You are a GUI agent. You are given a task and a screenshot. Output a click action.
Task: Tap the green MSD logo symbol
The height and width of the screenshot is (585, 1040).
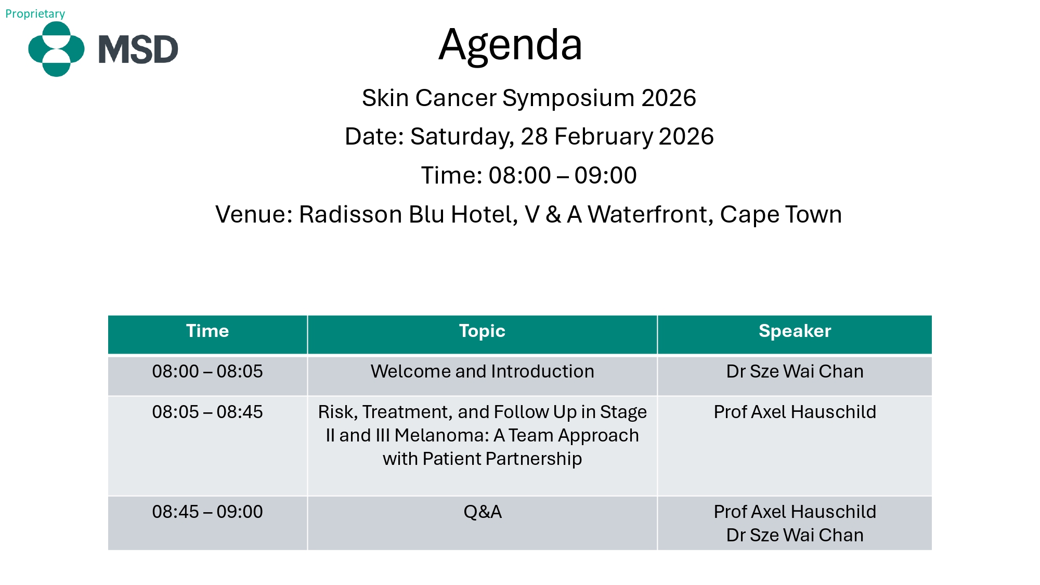click(56, 49)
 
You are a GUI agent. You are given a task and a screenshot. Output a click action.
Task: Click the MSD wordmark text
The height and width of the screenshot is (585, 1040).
click(138, 49)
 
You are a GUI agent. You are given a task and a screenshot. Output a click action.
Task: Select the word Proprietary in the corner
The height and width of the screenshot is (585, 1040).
click(35, 14)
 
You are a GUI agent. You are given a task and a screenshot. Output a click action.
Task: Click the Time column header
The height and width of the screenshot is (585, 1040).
click(207, 331)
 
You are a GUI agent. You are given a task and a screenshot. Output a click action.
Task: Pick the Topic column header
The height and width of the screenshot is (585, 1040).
click(482, 331)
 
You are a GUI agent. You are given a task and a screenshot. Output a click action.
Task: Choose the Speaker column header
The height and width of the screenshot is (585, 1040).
click(795, 331)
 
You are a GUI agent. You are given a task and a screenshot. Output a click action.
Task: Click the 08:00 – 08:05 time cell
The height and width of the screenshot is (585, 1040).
click(207, 371)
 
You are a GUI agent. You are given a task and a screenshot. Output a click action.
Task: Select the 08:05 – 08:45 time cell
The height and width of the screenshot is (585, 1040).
click(207, 412)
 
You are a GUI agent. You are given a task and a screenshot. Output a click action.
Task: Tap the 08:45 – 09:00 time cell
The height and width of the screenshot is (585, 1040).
click(207, 512)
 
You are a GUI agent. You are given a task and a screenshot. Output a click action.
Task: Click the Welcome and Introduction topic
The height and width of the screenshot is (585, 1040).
click(482, 371)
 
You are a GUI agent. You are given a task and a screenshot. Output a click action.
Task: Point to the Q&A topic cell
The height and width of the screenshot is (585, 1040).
click(483, 512)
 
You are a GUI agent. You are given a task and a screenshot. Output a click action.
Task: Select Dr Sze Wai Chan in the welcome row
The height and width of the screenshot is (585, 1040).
click(795, 371)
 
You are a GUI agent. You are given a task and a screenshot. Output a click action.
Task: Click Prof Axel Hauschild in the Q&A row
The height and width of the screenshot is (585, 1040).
click(795, 512)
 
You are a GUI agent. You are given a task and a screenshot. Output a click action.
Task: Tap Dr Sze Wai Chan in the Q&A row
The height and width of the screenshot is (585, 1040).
click(795, 535)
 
